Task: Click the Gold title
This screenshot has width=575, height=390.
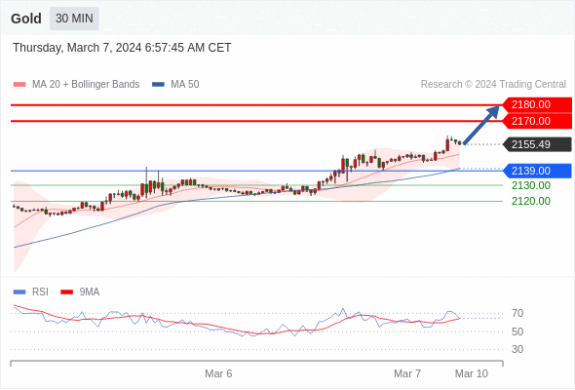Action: (26, 19)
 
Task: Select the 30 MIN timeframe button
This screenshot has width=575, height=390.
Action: (74, 19)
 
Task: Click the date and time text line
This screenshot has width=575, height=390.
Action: (122, 48)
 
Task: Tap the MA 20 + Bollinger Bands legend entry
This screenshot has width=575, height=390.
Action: (76, 85)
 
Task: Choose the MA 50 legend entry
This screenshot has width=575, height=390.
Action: (175, 85)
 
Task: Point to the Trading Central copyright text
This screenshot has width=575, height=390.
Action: (493, 85)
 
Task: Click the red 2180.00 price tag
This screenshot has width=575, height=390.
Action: (537, 105)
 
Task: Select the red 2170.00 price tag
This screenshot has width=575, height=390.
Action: (537, 121)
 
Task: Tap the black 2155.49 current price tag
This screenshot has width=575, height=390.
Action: (537, 144)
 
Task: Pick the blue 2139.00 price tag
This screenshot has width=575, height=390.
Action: (537, 171)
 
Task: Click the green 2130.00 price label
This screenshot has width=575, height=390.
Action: (531, 185)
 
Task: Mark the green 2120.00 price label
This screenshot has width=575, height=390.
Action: (531, 201)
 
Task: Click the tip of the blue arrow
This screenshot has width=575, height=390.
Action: (499, 106)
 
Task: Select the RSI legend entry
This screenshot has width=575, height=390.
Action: (31, 292)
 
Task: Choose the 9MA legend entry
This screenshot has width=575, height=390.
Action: (80, 292)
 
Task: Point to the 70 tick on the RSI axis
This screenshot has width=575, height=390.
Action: (517, 313)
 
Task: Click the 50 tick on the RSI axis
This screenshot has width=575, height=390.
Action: (517, 331)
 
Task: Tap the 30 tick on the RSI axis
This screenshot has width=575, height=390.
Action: (517, 349)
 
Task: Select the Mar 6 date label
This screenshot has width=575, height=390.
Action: (218, 373)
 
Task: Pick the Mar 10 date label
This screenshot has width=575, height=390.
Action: (472, 373)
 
